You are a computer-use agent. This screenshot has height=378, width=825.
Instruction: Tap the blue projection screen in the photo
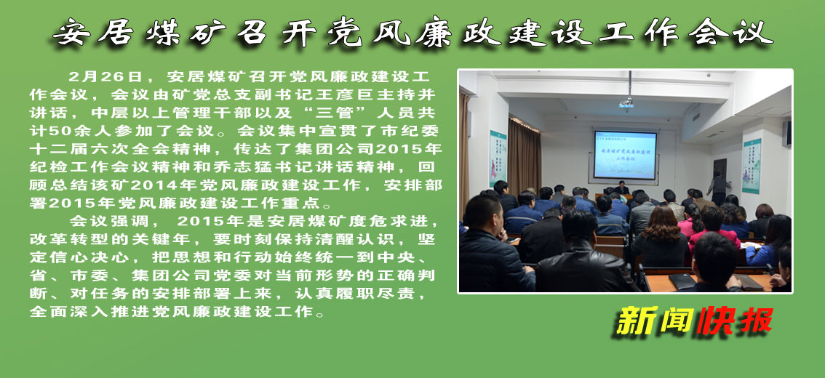tap(625, 155)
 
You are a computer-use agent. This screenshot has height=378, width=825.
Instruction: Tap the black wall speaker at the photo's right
tap(787, 134)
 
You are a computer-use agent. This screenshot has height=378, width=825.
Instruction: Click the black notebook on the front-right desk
tap(682, 281)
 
